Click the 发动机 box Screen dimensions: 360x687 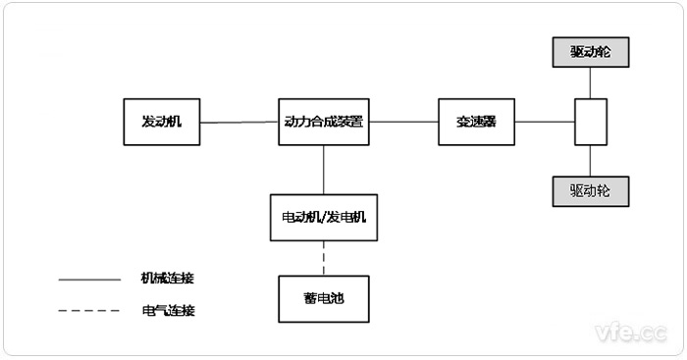pos(162,122)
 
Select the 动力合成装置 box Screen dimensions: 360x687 pos(323,122)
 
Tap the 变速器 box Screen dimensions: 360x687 pos(476,122)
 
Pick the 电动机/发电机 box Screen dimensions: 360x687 pos(323,217)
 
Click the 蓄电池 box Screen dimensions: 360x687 pos(323,299)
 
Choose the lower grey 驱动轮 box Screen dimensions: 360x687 pos(589,190)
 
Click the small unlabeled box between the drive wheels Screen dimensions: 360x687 pos(590,122)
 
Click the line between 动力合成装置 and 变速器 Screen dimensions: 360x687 pos(406,122)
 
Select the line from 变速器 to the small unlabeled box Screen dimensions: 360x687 pos(544,122)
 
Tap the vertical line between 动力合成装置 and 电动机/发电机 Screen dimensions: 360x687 pos(323,169)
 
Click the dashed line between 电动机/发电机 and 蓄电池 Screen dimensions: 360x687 pos(323,258)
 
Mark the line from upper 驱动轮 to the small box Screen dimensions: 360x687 pos(590,82)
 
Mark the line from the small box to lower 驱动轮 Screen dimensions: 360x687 pos(590,160)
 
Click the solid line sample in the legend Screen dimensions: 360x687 pos(87,280)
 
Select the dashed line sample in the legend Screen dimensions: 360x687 pos(87,311)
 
